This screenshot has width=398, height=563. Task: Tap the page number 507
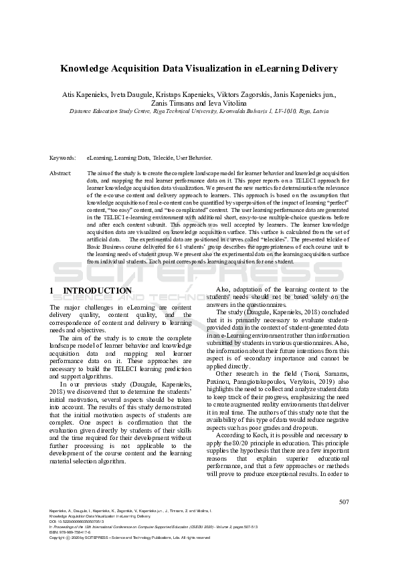[x=344, y=502]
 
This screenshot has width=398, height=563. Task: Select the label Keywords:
[x=62, y=158]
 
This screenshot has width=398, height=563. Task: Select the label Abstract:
[x=61, y=173]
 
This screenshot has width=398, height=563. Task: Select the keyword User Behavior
[x=194, y=158]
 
